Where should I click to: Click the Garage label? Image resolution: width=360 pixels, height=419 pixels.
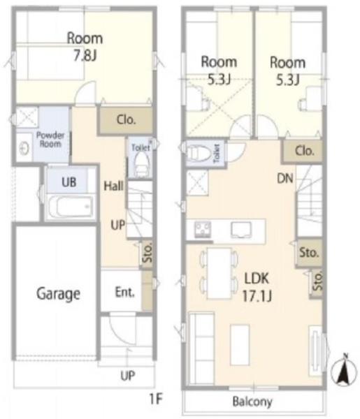(x=58, y=294)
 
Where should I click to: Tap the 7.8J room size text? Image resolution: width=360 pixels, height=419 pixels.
(x=85, y=56)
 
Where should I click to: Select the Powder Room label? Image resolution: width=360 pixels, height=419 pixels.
(x=50, y=140)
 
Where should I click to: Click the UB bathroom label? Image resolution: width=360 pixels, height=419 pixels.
(x=69, y=182)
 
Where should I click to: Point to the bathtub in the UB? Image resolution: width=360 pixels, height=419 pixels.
(x=71, y=207)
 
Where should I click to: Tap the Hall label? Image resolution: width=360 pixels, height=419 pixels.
(x=114, y=186)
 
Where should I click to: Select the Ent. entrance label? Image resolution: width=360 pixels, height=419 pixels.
(x=124, y=292)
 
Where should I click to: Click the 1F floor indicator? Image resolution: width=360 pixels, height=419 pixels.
(x=156, y=399)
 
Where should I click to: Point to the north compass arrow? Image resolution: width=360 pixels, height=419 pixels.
(x=344, y=371)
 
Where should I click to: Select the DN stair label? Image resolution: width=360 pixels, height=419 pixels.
(x=285, y=179)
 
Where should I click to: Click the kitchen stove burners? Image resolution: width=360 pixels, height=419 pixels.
(x=203, y=229)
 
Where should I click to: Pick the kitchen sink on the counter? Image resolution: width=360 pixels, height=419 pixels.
(x=241, y=230)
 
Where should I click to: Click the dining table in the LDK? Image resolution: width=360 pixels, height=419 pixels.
(x=219, y=273)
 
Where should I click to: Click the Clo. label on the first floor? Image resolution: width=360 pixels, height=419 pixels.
(x=127, y=120)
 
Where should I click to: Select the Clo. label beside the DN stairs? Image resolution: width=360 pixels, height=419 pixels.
(x=304, y=152)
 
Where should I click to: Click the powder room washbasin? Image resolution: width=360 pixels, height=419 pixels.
(x=24, y=147)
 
